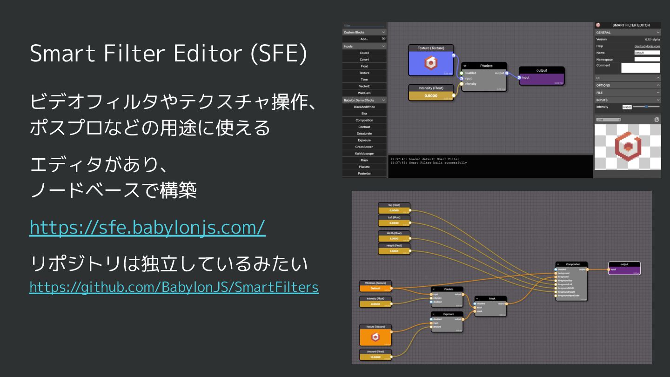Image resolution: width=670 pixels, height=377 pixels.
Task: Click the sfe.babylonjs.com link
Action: (x=147, y=228)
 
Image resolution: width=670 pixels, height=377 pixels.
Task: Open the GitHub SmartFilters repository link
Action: (x=174, y=287)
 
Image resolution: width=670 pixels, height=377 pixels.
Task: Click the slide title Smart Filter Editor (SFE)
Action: (x=168, y=54)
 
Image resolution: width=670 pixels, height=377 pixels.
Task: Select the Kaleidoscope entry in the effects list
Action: (x=364, y=153)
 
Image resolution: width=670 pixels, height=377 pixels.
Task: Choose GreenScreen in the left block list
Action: (x=364, y=147)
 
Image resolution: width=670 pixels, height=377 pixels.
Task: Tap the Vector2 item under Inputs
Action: (x=364, y=86)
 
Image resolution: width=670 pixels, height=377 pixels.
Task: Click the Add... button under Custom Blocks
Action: (x=364, y=39)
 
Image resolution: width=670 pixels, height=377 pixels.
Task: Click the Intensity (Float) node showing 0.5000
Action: (x=431, y=93)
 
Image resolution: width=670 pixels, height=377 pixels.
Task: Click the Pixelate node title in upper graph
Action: (x=486, y=66)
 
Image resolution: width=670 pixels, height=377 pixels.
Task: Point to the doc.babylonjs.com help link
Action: (x=647, y=46)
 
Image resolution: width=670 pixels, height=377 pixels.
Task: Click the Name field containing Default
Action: (x=647, y=53)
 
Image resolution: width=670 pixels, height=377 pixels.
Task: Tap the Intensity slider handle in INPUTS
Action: (x=646, y=107)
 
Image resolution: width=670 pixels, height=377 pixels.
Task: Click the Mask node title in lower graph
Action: (x=491, y=299)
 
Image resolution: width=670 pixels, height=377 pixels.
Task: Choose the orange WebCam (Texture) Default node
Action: (x=375, y=286)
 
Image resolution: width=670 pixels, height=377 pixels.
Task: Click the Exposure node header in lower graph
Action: (x=448, y=314)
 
